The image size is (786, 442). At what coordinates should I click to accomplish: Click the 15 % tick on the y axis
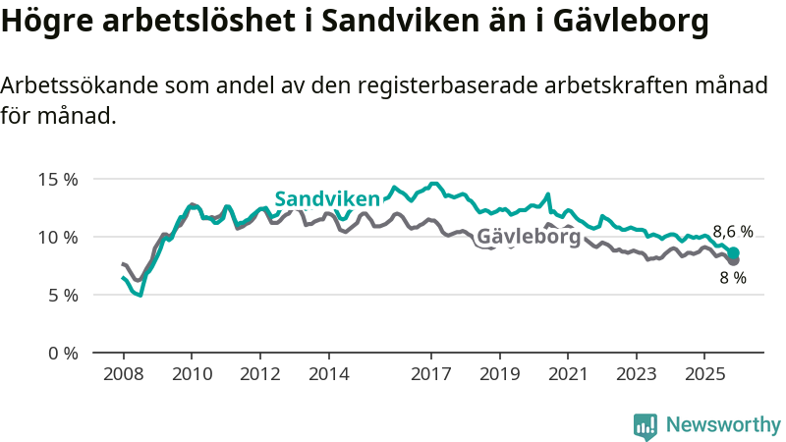(x=57, y=180)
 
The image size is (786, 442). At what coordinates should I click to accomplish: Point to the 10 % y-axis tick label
(x=57, y=238)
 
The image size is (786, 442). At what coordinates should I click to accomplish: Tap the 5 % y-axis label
(x=62, y=295)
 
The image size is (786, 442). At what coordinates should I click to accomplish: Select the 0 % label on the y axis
(x=62, y=353)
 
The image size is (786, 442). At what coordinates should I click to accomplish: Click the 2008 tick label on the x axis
(x=123, y=374)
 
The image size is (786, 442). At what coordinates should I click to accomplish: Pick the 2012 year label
(x=259, y=374)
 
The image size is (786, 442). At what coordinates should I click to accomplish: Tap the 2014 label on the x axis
(x=328, y=374)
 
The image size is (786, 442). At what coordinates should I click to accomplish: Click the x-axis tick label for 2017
(x=431, y=374)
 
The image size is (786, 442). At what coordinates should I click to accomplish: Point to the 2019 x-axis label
(x=499, y=374)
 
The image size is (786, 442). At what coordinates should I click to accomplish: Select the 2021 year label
(x=568, y=374)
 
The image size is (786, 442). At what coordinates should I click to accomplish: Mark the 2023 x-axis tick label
(x=637, y=374)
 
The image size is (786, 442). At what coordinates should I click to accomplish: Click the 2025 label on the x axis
(x=704, y=374)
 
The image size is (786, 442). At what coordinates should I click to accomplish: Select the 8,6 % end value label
(x=733, y=233)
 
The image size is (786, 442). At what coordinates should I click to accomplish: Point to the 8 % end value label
(x=733, y=278)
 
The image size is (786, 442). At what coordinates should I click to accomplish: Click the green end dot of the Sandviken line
(x=733, y=253)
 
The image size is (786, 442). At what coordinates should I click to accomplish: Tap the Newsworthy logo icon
(x=646, y=425)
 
